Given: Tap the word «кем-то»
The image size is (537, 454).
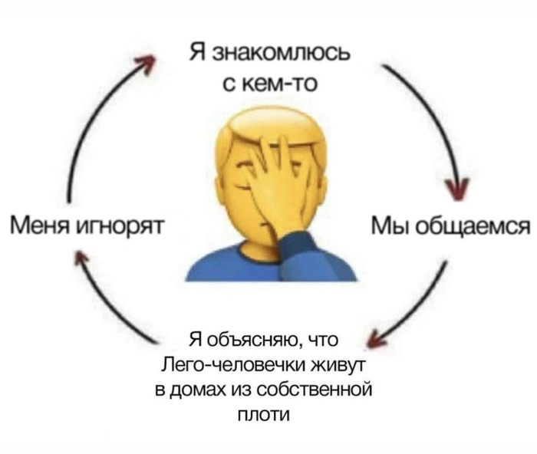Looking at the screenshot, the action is point(280,84).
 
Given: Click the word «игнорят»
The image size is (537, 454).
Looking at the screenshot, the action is point(120,227).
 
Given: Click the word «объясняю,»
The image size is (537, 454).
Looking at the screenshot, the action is point(255,341).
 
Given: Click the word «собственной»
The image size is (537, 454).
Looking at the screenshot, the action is point(313,390).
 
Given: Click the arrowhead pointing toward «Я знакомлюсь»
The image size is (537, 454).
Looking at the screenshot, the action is point(147,64).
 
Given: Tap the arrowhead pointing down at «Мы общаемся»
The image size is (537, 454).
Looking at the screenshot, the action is point(458,189).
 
